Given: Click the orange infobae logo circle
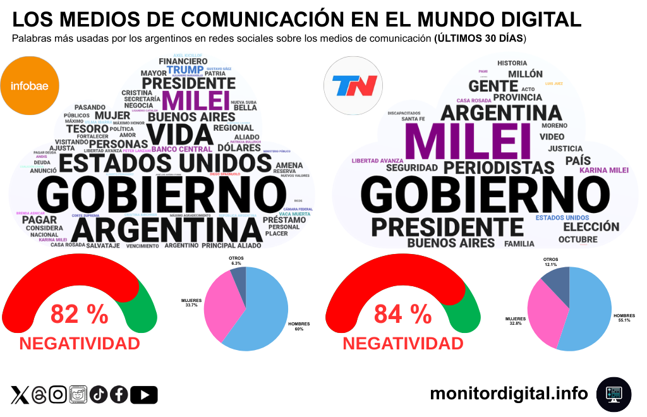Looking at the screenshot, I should pyautogui.click(x=30, y=85).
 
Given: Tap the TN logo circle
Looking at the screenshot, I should pyautogui.click(x=354, y=85).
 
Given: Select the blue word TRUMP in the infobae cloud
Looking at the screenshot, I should pyautogui.click(x=185, y=69).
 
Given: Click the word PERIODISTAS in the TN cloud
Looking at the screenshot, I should pyautogui.click(x=499, y=167).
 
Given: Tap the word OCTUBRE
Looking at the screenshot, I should pyautogui.click(x=577, y=239).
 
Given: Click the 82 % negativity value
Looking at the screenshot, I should pyautogui.click(x=80, y=314).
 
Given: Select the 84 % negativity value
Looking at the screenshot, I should pyautogui.click(x=403, y=314).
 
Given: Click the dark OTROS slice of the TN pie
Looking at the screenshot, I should pyautogui.click(x=553, y=283).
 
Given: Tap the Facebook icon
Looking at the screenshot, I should pyautogui.click(x=119, y=395).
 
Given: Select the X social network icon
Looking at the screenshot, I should pyautogui.click(x=20, y=395).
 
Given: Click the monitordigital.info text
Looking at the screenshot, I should pyautogui.click(x=509, y=394).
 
